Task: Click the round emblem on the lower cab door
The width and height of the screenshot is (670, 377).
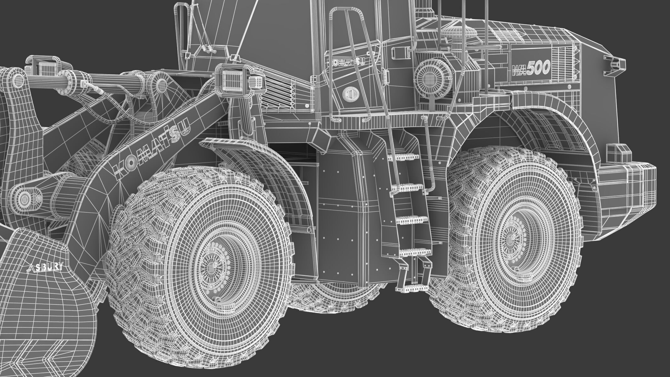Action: coord(348,94)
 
